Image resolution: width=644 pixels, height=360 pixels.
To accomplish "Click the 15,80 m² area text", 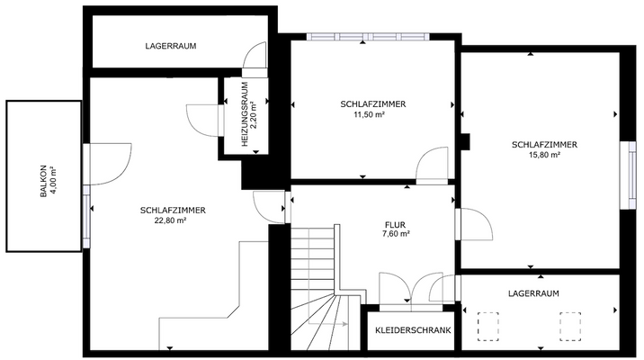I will click(x=543, y=155).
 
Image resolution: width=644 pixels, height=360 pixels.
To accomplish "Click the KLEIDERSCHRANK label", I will click(x=413, y=330).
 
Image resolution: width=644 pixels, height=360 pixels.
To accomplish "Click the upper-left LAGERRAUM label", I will click(x=170, y=46).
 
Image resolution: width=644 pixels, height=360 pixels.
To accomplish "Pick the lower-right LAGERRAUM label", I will click(x=532, y=293).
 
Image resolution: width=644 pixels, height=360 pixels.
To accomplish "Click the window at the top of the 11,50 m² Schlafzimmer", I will click(x=367, y=37).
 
